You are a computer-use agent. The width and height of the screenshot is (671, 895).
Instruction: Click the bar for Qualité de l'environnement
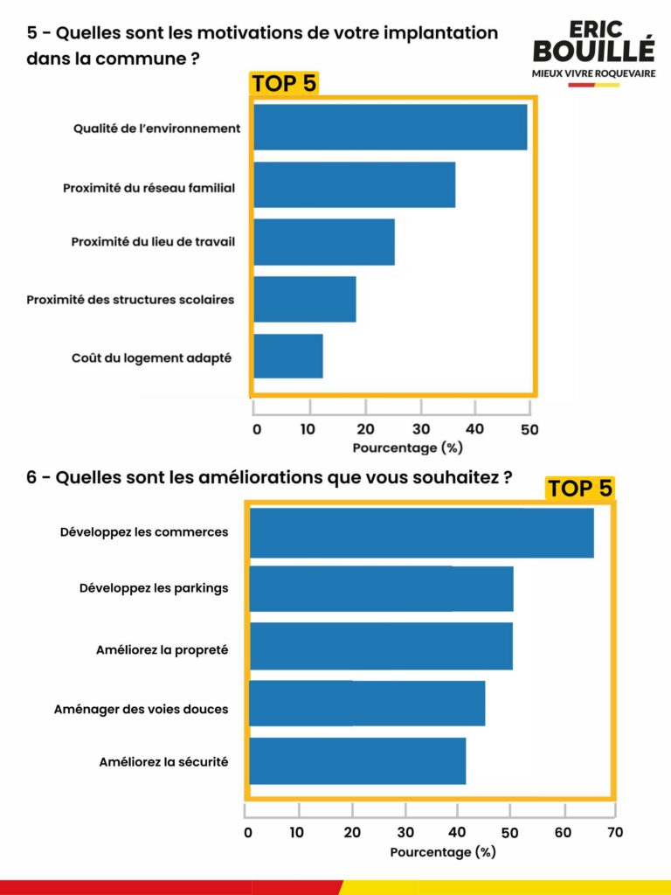390,128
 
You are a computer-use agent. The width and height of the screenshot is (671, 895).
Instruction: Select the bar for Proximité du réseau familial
354,184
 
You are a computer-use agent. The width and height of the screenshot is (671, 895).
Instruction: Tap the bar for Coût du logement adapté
287,357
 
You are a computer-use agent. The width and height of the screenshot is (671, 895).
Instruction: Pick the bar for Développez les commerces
421,532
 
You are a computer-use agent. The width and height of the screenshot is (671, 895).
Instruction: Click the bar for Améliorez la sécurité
357,761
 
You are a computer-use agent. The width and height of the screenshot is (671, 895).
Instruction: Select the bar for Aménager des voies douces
367,704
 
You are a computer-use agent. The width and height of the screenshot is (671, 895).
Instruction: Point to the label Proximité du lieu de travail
153,242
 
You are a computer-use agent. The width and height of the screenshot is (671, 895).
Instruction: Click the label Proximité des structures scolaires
130,300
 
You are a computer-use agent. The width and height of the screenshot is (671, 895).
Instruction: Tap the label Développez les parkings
153,588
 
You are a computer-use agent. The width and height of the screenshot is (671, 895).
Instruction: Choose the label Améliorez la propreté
162,650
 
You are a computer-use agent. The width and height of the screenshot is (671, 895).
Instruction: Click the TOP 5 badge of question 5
284,84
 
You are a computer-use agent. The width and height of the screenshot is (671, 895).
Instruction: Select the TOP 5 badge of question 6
580,489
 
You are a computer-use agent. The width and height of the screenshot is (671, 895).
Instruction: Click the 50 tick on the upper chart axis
529,429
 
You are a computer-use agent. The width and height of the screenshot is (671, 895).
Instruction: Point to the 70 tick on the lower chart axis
615,833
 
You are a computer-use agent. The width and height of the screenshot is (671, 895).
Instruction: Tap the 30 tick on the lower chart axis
405,833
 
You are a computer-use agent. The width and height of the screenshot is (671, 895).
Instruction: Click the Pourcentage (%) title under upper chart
407,447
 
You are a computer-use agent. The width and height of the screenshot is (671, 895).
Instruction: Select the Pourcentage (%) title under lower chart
443,852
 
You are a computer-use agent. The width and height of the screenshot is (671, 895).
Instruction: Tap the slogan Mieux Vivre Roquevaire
593,73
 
